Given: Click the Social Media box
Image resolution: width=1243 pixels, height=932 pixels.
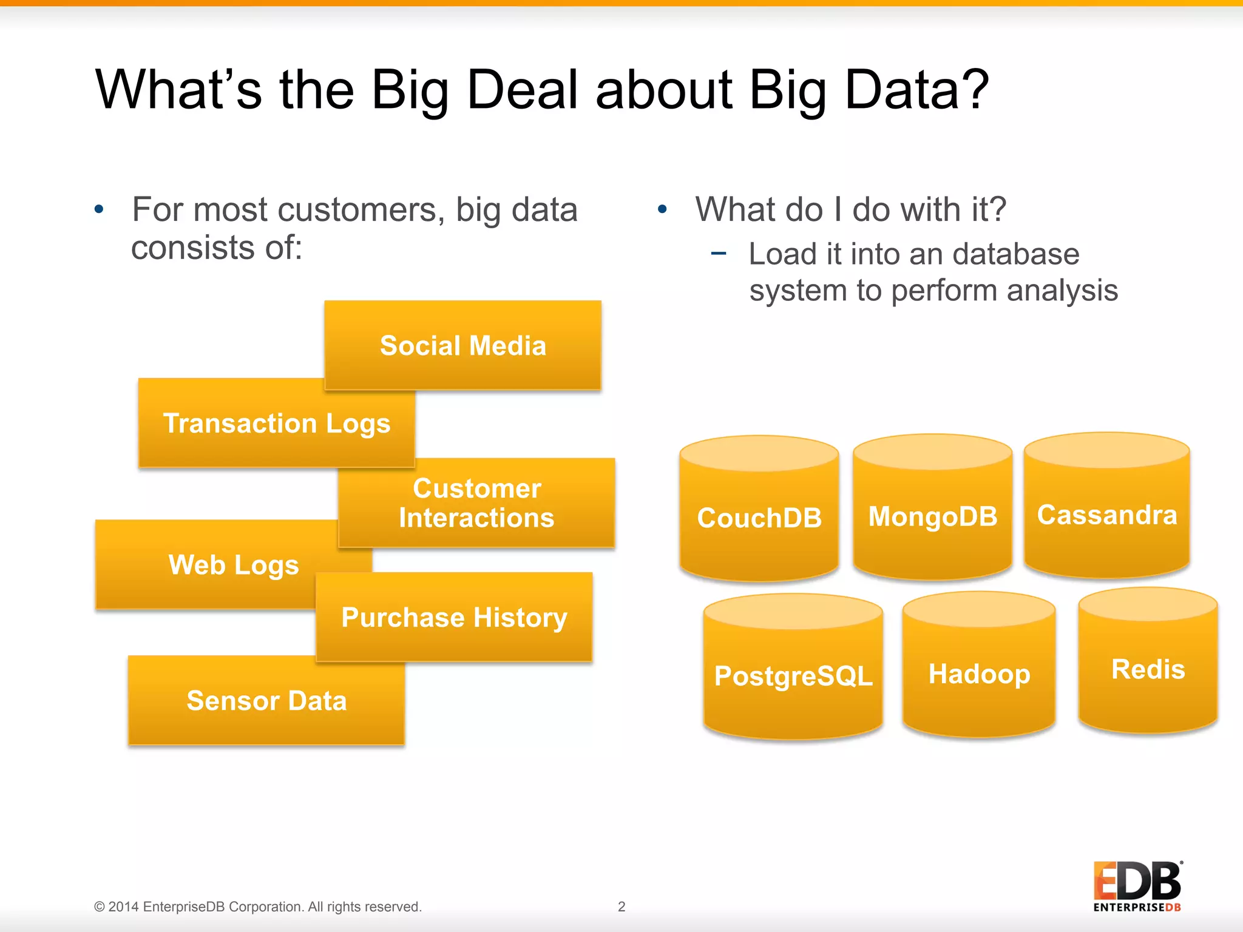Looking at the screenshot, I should [462, 345].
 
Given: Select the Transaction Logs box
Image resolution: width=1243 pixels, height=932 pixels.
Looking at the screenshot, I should [276, 424].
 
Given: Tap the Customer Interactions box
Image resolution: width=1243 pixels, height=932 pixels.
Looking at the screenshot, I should [476, 503].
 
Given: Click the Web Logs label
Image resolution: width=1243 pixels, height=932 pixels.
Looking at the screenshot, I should [234, 565].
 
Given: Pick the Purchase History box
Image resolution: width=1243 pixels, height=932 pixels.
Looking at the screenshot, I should [454, 618].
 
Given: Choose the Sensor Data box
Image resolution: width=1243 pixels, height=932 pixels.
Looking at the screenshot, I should [266, 701].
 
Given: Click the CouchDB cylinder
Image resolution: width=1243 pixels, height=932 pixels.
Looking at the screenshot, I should [759, 518].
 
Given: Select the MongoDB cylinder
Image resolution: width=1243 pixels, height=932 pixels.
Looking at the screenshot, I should [932, 516].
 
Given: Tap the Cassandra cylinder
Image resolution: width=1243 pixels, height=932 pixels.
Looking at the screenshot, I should [1106, 515].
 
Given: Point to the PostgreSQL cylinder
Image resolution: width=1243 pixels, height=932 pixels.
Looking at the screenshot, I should [793, 675].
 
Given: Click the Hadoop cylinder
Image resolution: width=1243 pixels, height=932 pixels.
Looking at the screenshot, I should [978, 674].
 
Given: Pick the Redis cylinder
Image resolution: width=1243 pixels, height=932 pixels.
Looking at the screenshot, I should [1147, 669].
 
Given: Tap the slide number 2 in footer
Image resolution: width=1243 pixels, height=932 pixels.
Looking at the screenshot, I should [621, 907].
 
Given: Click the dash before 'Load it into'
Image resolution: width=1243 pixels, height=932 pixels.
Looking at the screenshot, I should [718, 254].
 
